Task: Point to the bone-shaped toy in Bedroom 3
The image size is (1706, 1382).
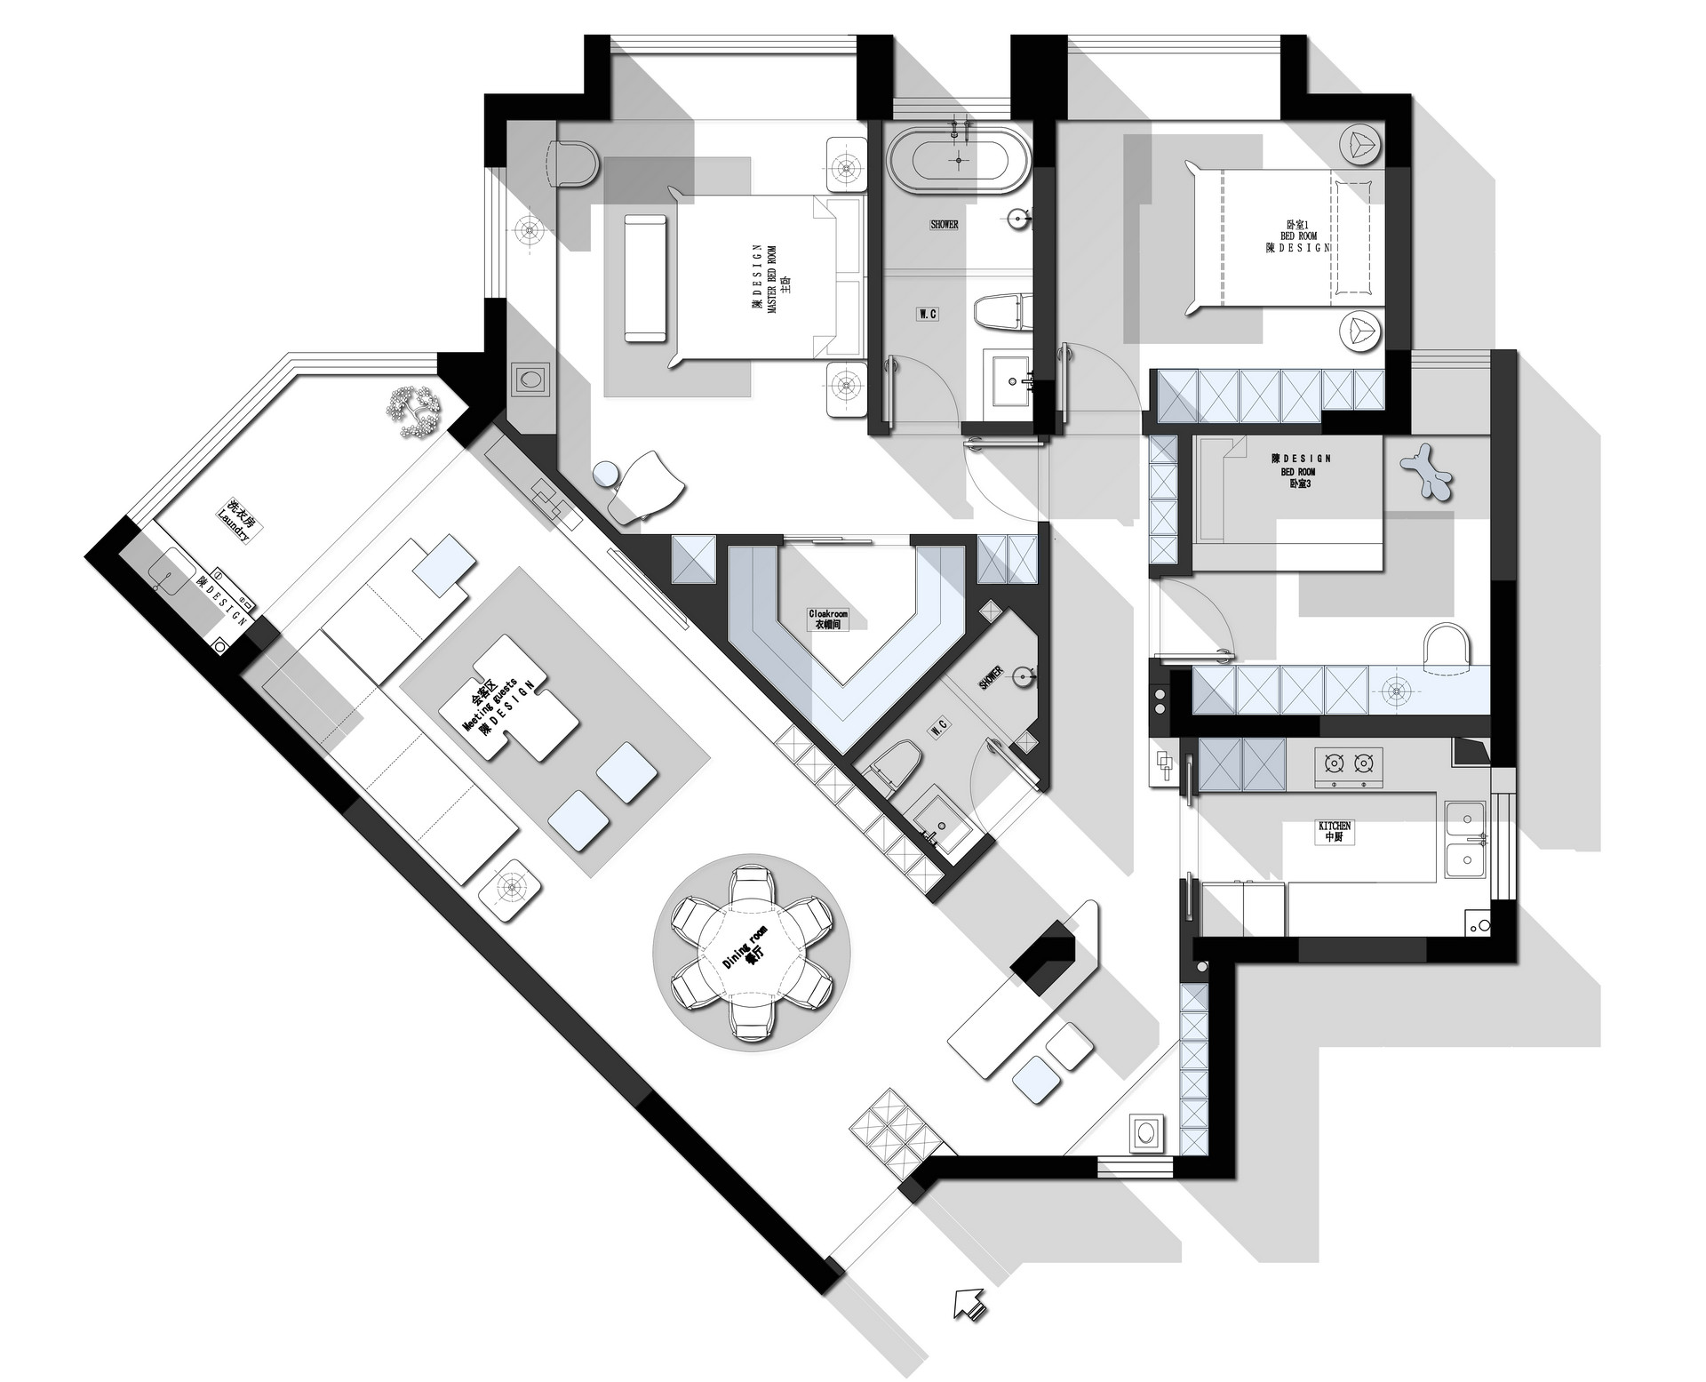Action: [x=1427, y=470]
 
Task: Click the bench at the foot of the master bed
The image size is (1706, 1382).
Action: [x=646, y=278]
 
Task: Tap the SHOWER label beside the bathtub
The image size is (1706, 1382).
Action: [x=944, y=225]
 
